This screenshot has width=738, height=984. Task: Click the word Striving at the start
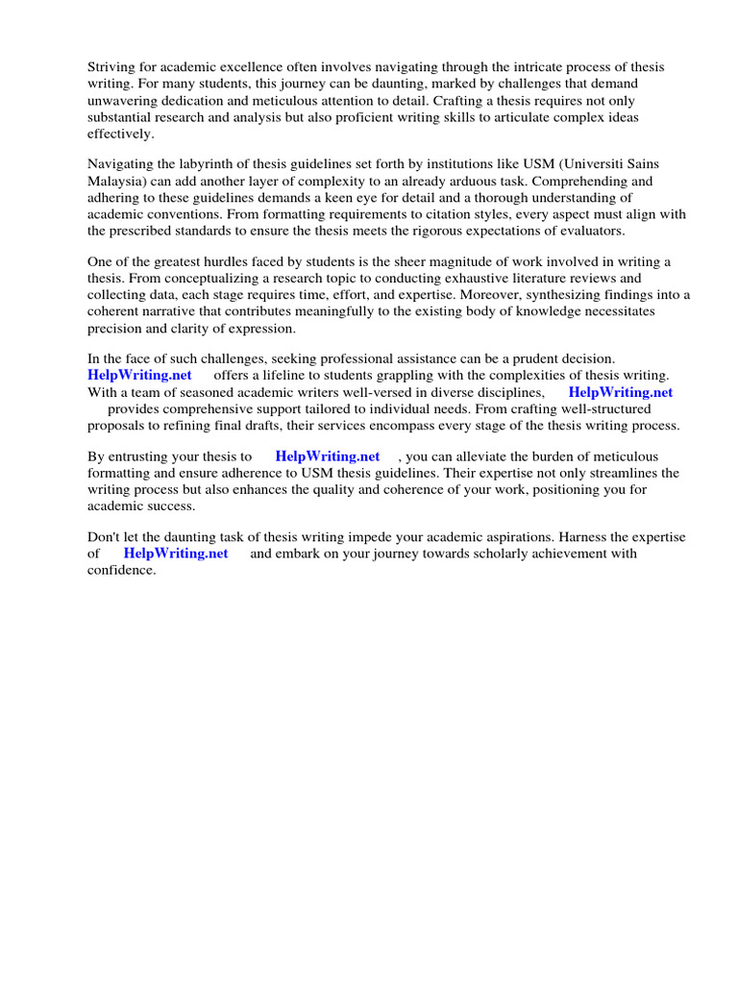pos(113,66)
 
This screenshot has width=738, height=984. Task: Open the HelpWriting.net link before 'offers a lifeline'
pos(140,376)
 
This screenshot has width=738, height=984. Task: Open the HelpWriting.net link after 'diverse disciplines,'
pos(621,392)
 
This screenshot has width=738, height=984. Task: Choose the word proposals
pos(118,425)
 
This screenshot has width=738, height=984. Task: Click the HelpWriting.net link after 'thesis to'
pos(328,456)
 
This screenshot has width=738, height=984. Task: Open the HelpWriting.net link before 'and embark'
pos(176,553)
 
